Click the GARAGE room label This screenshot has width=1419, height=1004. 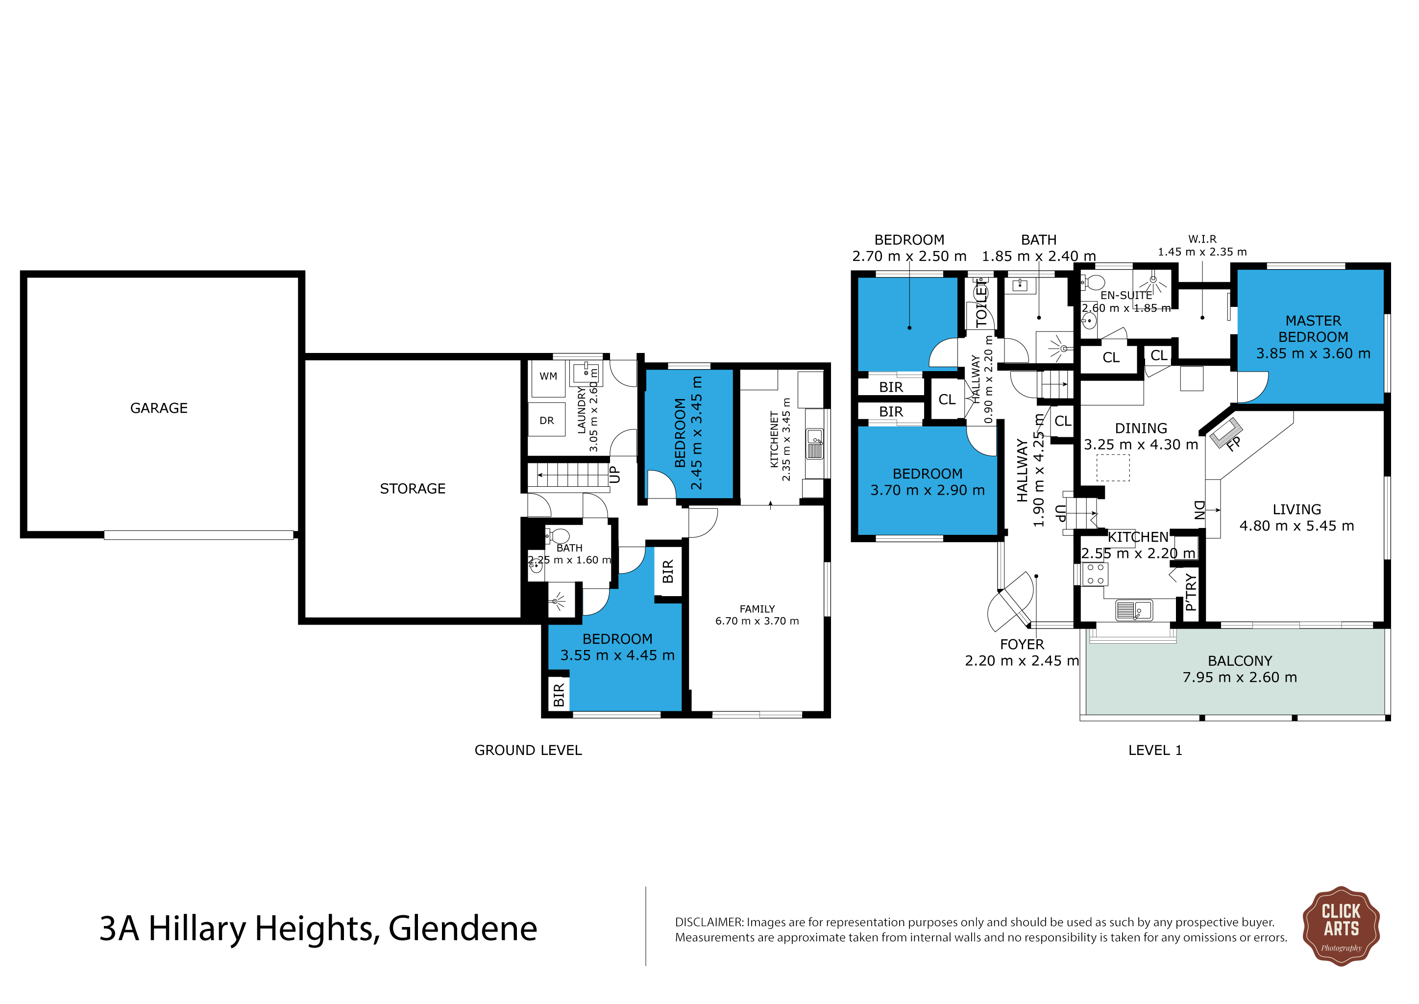pos(159,408)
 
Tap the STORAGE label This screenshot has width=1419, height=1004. pos(412,488)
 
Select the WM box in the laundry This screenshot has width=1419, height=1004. pos(548,376)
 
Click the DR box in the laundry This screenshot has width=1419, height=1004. pos(546,421)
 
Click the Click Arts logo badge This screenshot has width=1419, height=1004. pos(1341,926)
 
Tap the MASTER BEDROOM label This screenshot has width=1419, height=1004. pos(1313,329)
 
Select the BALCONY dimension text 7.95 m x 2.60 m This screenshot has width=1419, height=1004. pos(1239,677)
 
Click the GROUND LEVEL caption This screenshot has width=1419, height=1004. pos(528,750)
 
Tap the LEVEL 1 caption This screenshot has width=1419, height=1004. pos(1154,750)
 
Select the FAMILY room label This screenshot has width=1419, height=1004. pos(757,609)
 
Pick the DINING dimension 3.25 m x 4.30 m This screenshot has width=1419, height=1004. pos(1140,445)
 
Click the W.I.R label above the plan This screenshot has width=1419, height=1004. pos(1202,239)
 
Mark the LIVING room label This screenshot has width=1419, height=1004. pos(1297,509)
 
